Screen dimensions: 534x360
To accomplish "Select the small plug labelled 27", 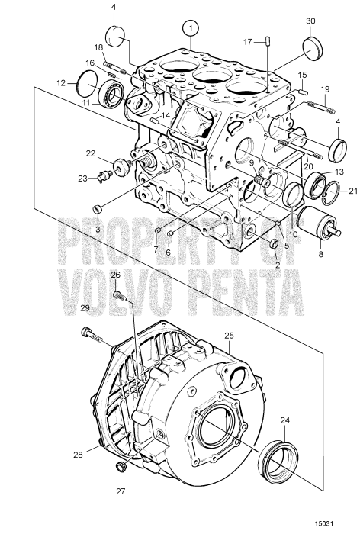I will (118, 467).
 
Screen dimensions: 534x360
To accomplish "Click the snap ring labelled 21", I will (327, 193).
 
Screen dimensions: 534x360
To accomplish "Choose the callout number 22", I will (90, 154).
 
